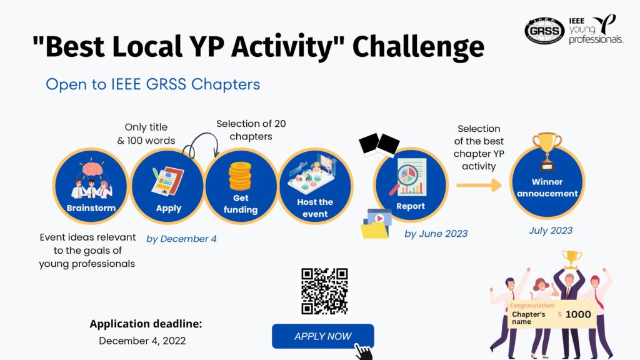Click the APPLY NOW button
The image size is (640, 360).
pos(323,336)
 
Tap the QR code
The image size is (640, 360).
pos(324,291)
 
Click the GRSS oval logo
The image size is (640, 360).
pos(544,31)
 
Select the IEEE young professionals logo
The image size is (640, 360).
pos(596,29)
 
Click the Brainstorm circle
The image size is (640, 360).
pos(91,186)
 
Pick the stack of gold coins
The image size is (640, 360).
pos(240,176)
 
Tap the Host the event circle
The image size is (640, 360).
pos(315,186)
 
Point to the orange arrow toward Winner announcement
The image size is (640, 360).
pos(479,185)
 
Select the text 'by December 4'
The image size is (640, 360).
pos(182,239)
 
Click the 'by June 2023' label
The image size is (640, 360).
pos(436,234)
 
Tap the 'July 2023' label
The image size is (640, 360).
pos(551,231)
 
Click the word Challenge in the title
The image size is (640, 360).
pos(418,46)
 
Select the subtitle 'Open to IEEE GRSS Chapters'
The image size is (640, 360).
pos(152,84)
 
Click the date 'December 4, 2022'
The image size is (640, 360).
pos(142,341)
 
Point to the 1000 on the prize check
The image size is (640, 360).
pos(578,314)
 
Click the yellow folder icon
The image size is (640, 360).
pos(374,230)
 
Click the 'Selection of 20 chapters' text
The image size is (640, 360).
pos(251,130)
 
